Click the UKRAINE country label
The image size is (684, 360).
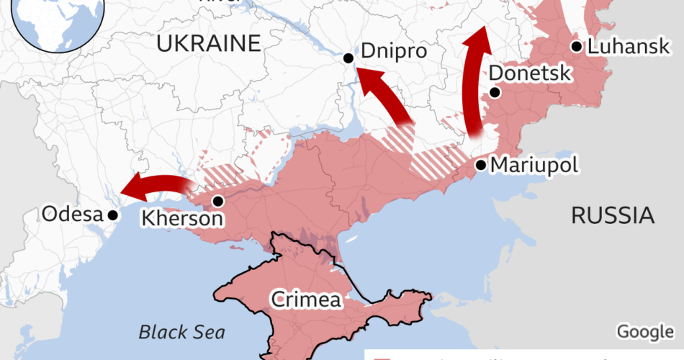coord(208,45)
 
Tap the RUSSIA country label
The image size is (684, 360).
coord(612,215)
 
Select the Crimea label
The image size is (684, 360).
coord(305,300)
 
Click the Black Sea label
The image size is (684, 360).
coord(181,332)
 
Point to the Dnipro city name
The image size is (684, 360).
coord(394,53)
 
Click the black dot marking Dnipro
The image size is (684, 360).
coord(348,58)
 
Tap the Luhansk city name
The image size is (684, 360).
coord(629,48)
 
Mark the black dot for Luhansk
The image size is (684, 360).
coord(576,47)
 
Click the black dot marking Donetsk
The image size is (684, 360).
coord(495,92)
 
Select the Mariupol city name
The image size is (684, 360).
coord(534,166)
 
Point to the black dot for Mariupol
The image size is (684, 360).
coord(480,165)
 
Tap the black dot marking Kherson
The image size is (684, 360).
coord(217,201)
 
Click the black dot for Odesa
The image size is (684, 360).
coord(112,215)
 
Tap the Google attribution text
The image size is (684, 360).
coord(644,331)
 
